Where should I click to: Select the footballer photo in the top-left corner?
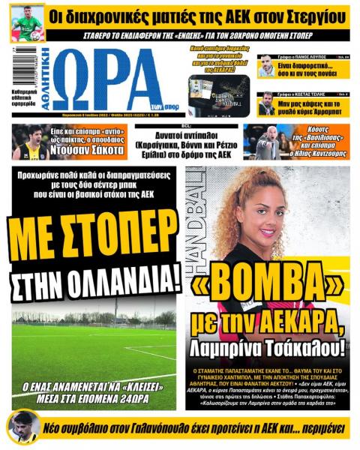[27, 21]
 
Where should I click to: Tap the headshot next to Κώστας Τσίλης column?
[266, 103]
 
